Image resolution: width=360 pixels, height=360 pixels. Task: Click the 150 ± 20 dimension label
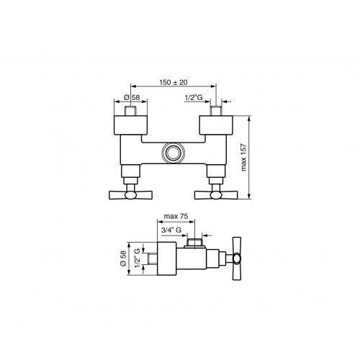[174, 82]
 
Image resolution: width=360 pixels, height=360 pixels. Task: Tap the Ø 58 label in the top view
[132, 97]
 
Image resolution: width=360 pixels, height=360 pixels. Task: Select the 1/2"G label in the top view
[194, 97]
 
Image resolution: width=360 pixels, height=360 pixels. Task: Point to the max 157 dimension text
[243, 157]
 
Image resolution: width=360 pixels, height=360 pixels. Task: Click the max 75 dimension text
[176, 216]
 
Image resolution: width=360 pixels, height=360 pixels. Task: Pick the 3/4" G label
[171, 230]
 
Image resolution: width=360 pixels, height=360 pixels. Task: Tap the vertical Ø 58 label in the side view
[123, 258]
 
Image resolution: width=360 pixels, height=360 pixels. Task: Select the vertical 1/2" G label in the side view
[137, 258]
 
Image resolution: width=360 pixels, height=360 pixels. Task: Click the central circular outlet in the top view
[173, 153]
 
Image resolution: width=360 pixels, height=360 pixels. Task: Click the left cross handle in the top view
[130, 195]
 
